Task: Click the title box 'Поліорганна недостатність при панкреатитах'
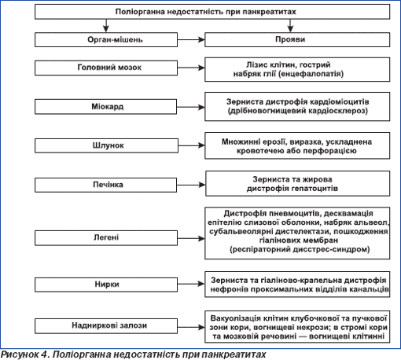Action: click(x=212, y=12)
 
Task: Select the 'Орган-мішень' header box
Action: click(x=106, y=40)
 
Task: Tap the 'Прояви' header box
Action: click(x=297, y=39)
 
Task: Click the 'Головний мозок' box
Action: click(x=106, y=68)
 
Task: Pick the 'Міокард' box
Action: click(x=105, y=107)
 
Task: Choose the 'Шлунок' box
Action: click(x=106, y=145)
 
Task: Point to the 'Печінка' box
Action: click(x=105, y=185)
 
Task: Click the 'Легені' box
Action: click(x=106, y=238)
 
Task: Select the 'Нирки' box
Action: click(x=106, y=285)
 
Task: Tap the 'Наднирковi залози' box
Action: click(x=106, y=326)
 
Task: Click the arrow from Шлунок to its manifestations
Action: click(x=191, y=145)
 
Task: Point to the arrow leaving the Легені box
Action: click(x=191, y=238)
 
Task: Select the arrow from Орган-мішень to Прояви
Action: click(x=191, y=40)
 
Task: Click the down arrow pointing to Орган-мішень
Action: click(x=106, y=25)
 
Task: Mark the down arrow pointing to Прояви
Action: click(x=290, y=25)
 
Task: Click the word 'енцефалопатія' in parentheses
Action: click(x=311, y=74)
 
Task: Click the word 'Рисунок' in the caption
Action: click(x=20, y=354)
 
